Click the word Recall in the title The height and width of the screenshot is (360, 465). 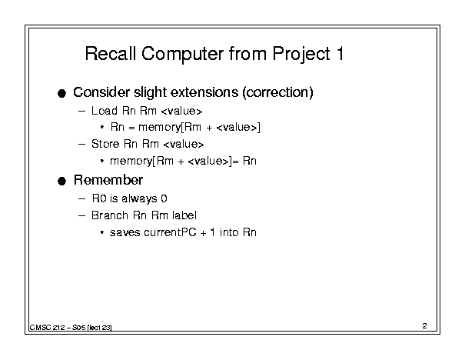(x=111, y=53)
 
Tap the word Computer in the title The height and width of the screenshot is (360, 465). (x=183, y=55)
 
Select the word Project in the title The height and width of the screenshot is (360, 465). (x=301, y=55)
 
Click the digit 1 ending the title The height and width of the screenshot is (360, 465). (x=340, y=54)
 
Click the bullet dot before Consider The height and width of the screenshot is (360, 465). (x=61, y=93)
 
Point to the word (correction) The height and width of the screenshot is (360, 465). (x=278, y=92)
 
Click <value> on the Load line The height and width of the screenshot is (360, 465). (x=181, y=111)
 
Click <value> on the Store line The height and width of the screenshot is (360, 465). (x=184, y=145)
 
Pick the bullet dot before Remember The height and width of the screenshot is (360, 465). (x=61, y=181)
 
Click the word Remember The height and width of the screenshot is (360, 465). (x=108, y=180)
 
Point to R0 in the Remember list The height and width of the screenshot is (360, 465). (x=99, y=198)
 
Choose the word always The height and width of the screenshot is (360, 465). (x=139, y=198)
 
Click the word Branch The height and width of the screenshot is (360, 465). (x=110, y=215)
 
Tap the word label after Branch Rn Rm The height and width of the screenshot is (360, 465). (x=184, y=215)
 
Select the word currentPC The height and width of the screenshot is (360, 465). (x=170, y=232)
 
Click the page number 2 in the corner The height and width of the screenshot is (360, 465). (x=425, y=326)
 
